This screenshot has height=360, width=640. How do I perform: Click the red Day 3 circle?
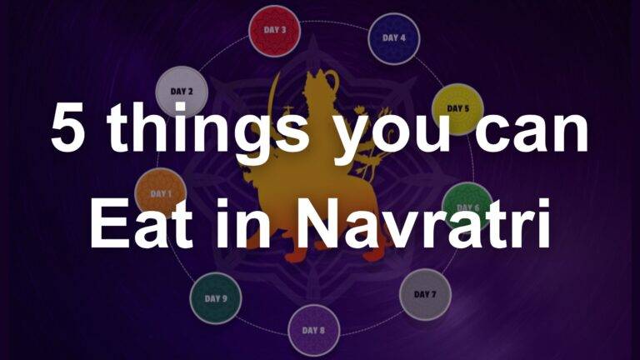pos(274,31)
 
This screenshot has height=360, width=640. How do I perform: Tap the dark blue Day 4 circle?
pos(394,38)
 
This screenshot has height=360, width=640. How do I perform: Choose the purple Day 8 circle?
pos(314,330)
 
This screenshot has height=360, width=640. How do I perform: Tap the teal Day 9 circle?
pos(215,298)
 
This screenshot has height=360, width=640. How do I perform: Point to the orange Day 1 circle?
pos(160,193)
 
